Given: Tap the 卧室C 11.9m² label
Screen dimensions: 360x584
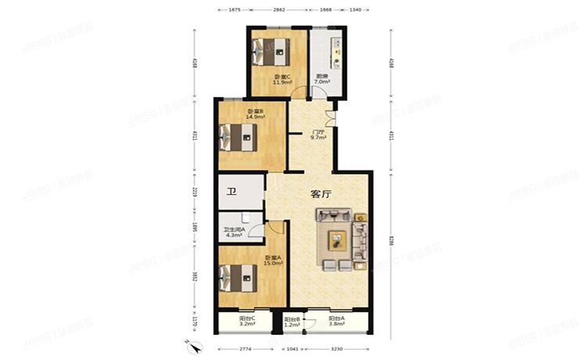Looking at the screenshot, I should click(x=282, y=79).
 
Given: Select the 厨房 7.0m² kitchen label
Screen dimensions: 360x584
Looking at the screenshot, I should click(x=322, y=79).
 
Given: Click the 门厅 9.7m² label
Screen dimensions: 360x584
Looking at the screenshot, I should click(x=318, y=135).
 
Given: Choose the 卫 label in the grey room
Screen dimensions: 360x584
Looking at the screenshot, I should click(x=232, y=193).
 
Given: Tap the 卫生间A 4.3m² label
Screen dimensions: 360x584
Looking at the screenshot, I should click(x=234, y=232).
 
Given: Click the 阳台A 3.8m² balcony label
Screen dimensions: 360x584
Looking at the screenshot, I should click(x=338, y=322).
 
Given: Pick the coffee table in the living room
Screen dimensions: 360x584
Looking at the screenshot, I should click(x=337, y=239).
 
